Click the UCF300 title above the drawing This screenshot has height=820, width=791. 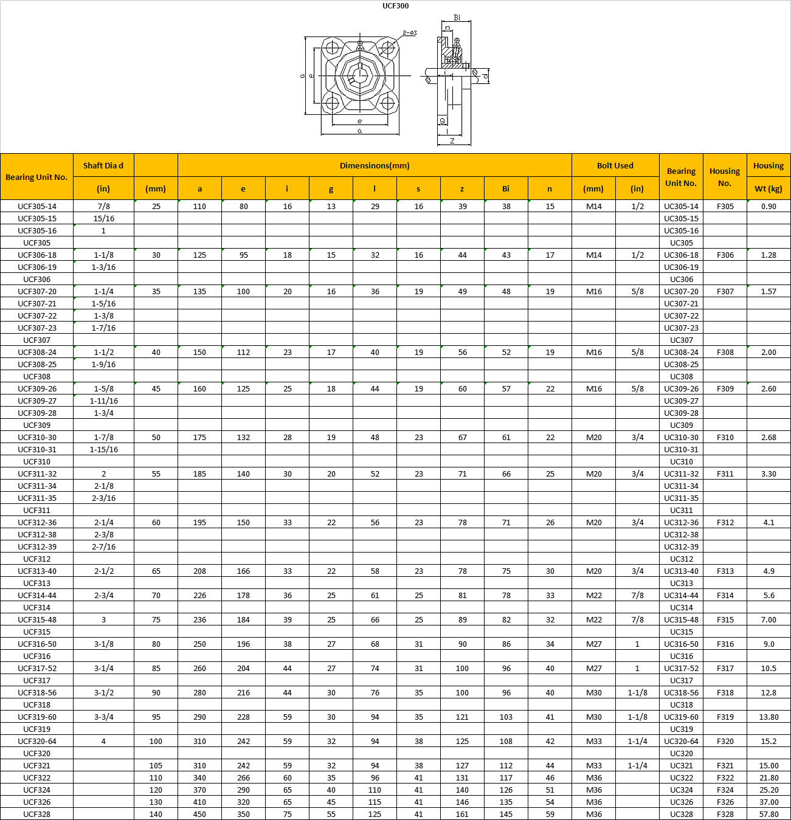click(395, 6)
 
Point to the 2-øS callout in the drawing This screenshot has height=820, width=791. click(409, 33)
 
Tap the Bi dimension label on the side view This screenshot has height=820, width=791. click(457, 18)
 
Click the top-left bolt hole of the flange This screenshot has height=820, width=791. click(332, 47)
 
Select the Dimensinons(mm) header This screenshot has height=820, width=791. click(375, 165)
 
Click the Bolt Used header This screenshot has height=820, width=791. click(615, 165)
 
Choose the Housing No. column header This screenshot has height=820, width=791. click(725, 177)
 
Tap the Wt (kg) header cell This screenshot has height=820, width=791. click(769, 188)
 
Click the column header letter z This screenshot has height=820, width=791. click(462, 188)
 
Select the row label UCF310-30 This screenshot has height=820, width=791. click(37, 437)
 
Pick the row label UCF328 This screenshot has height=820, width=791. click(37, 814)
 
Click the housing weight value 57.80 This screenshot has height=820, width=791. click(769, 814)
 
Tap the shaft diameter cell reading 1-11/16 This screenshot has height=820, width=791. click(103, 401)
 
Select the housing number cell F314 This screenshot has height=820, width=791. click(725, 595)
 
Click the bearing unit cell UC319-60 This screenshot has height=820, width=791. click(681, 717)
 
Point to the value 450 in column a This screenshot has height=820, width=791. click(199, 814)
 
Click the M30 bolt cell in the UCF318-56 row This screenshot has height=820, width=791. click(593, 692)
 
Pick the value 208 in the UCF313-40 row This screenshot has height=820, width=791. click(199, 571)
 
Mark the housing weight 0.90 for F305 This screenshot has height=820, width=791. click(769, 206)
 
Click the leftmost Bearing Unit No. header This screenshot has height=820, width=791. click(36, 177)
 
